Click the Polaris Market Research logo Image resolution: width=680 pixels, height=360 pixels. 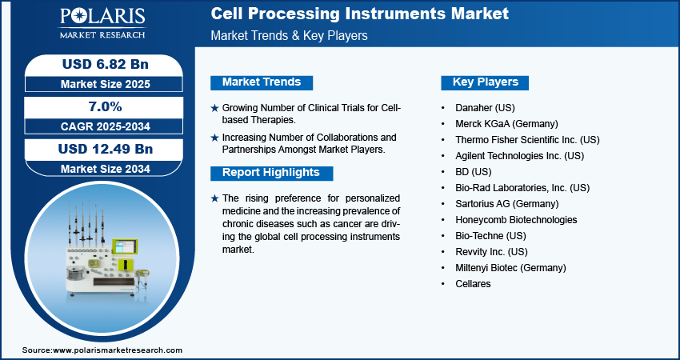[x=102, y=23]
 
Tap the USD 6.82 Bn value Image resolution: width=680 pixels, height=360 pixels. [x=106, y=64]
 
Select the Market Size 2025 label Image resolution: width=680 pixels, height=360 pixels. [x=106, y=84]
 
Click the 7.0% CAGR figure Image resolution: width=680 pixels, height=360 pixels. [x=106, y=106]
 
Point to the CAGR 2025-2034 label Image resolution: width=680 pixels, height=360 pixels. [x=106, y=126]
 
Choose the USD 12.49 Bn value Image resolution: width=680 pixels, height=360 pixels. [x=106, y=150]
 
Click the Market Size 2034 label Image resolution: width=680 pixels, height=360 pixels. [x=106, y=169]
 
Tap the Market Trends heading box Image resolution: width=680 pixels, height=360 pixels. [x=262, y=82]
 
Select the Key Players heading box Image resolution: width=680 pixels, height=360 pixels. [x=485, y=82]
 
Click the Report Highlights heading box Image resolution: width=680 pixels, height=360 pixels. [x=271, y=173]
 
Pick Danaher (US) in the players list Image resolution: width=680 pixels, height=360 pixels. [x=485, y=107]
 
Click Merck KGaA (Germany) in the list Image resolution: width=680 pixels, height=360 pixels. [x=506, y=124]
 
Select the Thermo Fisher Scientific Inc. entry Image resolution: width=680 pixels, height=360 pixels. [x=527, y=140]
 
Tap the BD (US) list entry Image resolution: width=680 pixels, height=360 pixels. [x=473, y=172]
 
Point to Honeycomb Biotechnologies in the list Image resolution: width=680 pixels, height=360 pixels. [x=516, y=220]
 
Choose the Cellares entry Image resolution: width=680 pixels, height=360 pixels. [x=473, y=284]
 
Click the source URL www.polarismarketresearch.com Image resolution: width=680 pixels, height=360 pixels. [x=118, y=350]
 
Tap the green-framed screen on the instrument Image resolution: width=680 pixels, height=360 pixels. [x=125, y=246]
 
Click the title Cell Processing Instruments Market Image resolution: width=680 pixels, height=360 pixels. [x=359, y=14]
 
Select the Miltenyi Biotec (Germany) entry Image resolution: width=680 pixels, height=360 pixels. [x=510, y=268]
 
